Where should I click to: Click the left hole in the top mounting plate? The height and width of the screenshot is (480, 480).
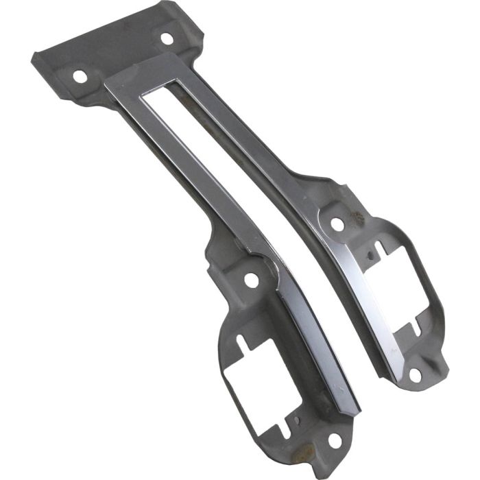pyautogui.click(x=80, y=75)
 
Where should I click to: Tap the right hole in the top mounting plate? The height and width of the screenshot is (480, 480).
pyautogui.click(x=167, y=38)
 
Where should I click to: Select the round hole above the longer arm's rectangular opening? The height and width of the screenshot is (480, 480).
pyautogui.click(x=251, y=280)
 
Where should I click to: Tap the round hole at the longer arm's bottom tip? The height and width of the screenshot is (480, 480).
pyautogui.click(x=334, y=440)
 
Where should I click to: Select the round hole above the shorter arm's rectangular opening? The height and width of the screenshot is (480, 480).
pyautogui.click(x=337, y=224)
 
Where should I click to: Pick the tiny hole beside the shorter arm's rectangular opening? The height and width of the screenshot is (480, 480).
pyautogui.click(x=370, y=259)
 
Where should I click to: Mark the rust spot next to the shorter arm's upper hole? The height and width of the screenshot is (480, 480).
pyautogui.click(x=356, y=219)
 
